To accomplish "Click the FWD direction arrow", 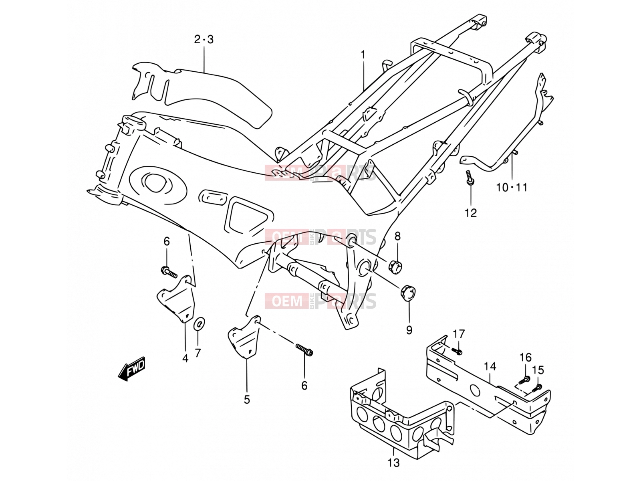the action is (131, 368).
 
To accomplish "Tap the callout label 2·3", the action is (204, 39).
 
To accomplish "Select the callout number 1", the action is (363, 55).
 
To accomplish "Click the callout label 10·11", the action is (512, 187).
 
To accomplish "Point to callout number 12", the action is (471, 213).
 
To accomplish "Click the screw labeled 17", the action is (458, 351).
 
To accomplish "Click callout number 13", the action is (393, 462).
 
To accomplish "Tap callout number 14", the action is (490, 366).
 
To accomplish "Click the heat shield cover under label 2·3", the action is (202, 93).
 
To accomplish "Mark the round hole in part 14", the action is (475, 390).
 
